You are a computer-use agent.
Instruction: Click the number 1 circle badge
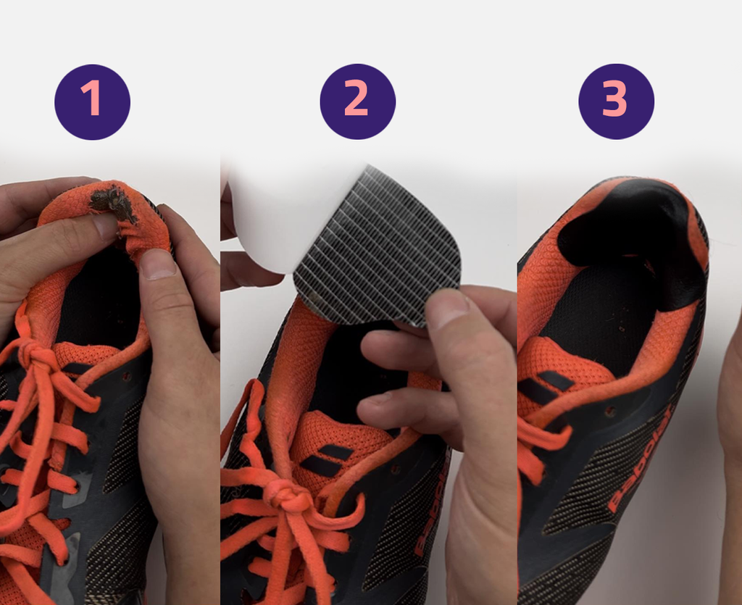(x=92, y=102)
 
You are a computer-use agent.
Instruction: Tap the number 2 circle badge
(x=358, y=101)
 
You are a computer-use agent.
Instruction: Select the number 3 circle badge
(x=617, y=101)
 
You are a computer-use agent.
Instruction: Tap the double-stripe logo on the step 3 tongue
(x=545, y=385)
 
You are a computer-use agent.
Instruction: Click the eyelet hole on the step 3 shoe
(x=611, y=411)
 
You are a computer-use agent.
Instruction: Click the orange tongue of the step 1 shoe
(x=83, y=355)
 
